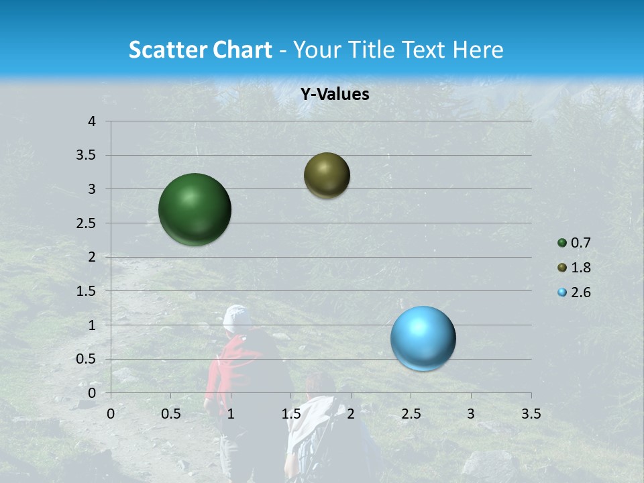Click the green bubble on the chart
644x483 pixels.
[195, 209]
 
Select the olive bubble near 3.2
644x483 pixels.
[327, 175]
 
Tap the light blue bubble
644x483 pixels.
[423, 338]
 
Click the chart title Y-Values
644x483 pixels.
[335, 95]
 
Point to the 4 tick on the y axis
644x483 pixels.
[92, 121]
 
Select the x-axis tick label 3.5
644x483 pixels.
[531, 414]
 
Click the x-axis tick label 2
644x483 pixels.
[351, 414]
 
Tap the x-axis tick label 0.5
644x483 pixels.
[170, 414]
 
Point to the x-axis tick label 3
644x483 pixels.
[471, 414]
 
